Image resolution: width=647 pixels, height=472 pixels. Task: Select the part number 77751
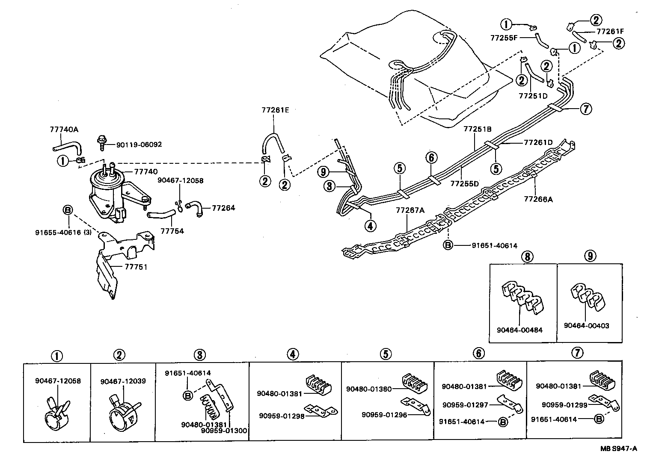(136, 267)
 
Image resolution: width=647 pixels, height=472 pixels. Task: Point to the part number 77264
(223, 208)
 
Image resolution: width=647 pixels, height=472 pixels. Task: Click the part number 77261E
(275, 110)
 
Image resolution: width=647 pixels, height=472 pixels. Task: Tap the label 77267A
(410, 210)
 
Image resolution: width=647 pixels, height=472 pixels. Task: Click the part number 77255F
(504, 38)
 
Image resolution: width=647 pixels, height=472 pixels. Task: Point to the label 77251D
(533, 96)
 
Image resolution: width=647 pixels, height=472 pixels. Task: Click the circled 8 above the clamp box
(527, 256)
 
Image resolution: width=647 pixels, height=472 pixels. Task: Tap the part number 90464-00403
(586, 326)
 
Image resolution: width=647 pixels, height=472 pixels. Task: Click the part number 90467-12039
(123, 381)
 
